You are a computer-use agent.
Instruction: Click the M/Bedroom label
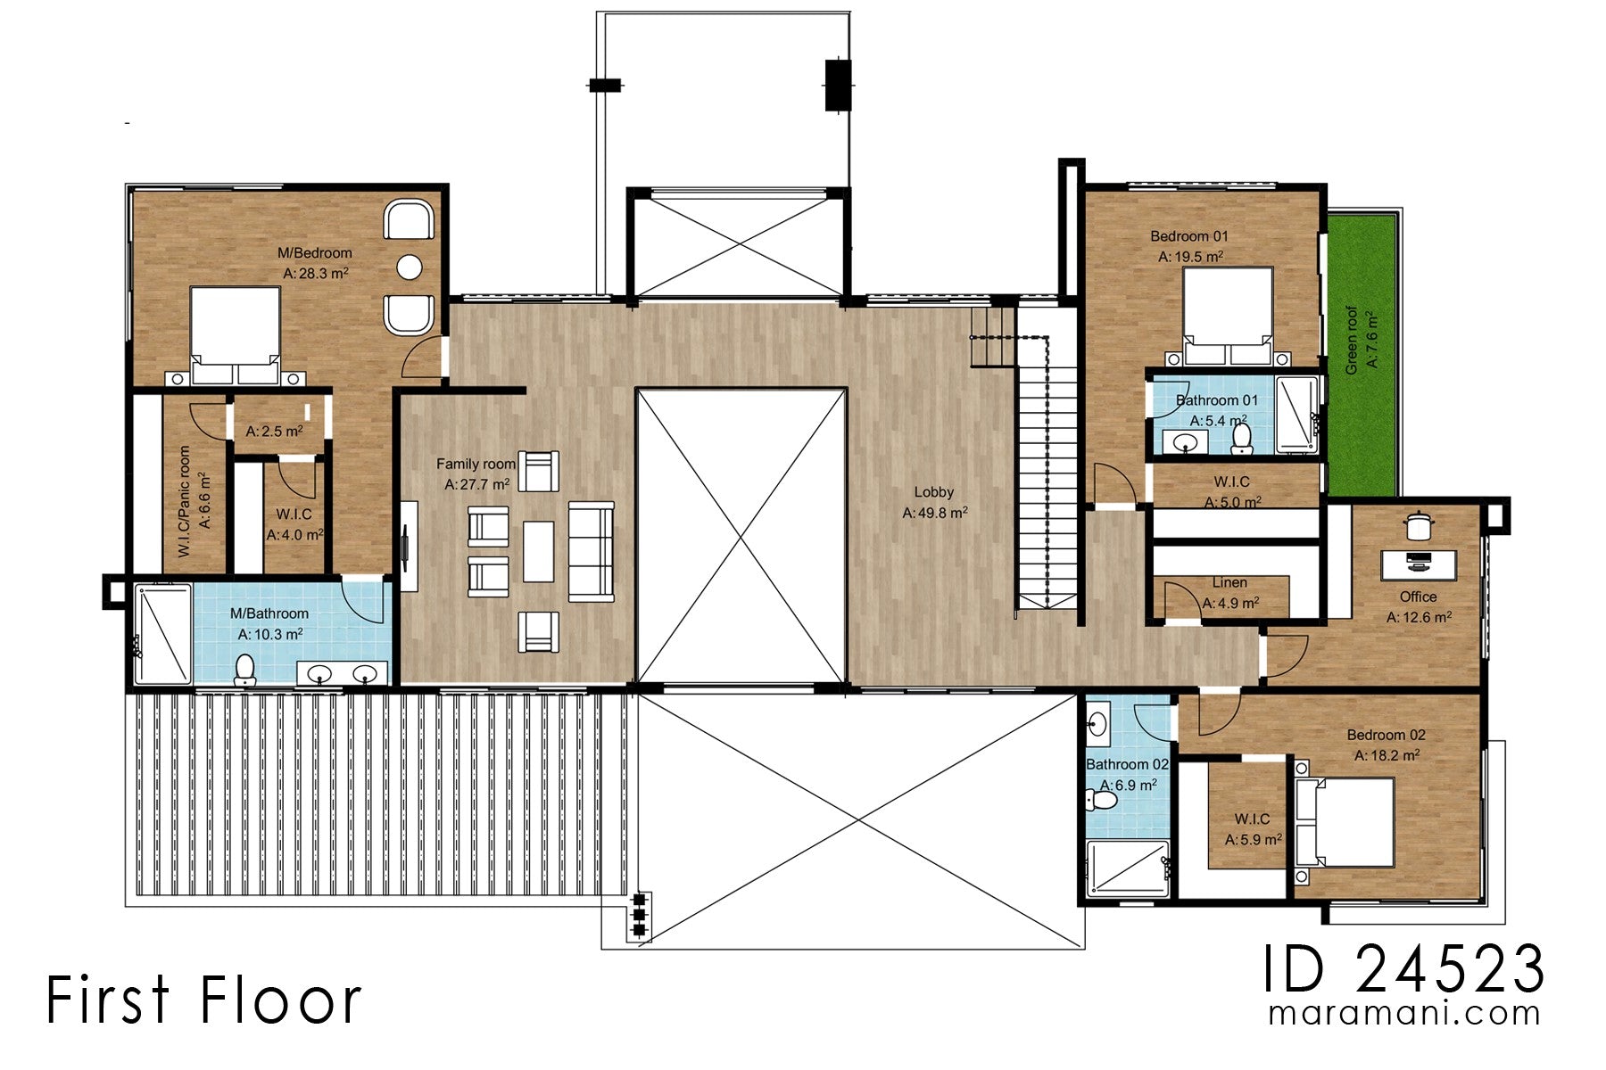314,253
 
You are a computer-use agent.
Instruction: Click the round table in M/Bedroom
410,267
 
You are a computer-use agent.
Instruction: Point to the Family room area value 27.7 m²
477,484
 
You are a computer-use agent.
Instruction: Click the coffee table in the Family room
538,551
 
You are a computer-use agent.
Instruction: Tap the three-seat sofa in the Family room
591,551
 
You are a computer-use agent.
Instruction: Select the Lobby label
933,492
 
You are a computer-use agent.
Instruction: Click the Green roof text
1353,341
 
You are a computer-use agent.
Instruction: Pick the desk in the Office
1419,564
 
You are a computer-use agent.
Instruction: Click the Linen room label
1229,583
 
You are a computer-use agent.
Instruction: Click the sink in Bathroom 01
1186,442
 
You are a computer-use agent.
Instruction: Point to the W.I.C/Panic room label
185,502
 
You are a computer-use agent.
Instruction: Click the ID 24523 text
1403,969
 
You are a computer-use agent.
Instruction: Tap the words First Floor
203,1000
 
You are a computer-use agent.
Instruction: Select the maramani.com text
1403,1014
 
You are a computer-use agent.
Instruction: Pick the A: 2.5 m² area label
274,432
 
